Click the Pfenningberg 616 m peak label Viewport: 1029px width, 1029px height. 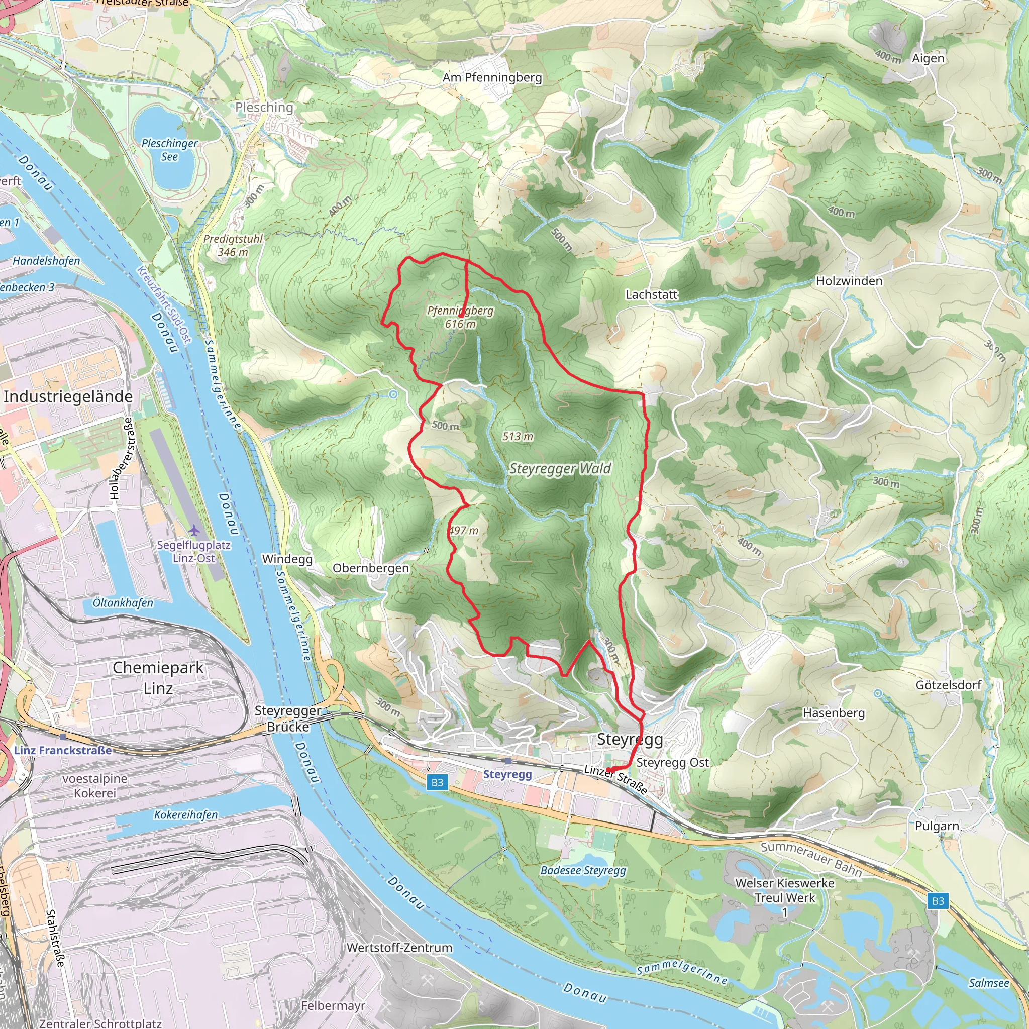460,317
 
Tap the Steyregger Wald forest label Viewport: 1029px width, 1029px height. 560,469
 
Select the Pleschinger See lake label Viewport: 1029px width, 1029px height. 169,150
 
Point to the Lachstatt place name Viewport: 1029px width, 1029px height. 651,294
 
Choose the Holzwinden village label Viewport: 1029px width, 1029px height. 849,281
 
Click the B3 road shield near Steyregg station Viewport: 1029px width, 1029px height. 437,782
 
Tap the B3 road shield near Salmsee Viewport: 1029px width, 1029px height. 938,901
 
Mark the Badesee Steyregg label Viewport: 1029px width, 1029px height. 583,870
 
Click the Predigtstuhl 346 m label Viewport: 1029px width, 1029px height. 233,245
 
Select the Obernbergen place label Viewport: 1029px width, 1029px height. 371,568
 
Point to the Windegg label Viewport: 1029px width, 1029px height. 287,559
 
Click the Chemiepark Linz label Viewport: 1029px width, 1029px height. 158,678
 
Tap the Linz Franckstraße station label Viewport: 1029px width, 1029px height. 63,751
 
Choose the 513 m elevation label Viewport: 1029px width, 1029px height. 518,437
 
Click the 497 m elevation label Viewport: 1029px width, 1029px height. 463,531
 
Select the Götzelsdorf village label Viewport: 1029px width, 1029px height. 948,685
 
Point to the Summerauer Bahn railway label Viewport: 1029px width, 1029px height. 810,859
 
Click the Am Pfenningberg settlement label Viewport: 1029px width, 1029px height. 492,78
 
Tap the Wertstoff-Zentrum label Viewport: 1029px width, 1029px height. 399,948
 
